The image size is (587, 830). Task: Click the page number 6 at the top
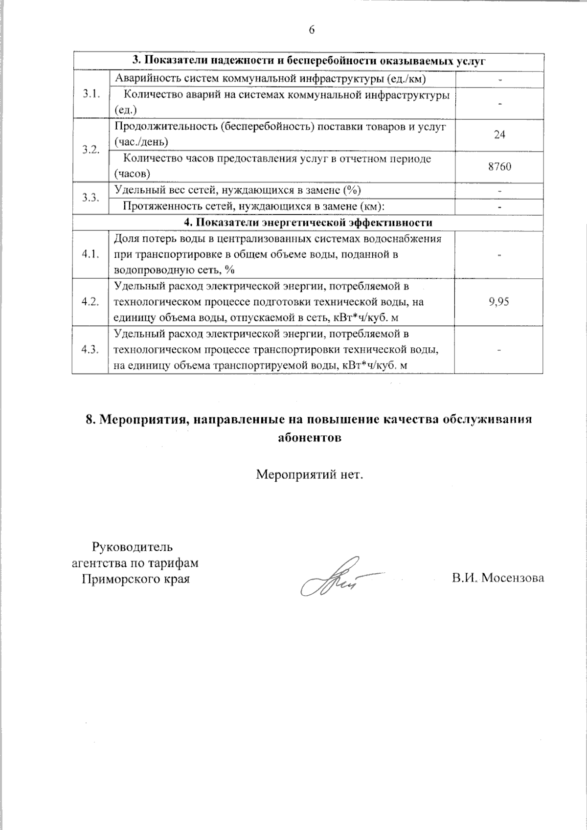[311, 30]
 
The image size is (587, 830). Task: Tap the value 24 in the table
[499, 135]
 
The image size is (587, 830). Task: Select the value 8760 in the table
[499, 167]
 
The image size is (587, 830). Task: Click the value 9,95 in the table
[499, 302]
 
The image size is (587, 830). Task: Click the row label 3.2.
[90, 150]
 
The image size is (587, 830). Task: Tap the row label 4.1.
[90, 254]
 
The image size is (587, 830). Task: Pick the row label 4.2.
[90, 302]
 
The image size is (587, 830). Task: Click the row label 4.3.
[90, 349]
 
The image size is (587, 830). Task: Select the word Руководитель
[133, 546]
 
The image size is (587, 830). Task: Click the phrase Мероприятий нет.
[310, 474]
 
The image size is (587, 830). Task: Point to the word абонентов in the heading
[309, 437]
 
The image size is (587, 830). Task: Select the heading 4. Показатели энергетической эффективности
[309, 223]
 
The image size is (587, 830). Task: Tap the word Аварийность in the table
[142, 78]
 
